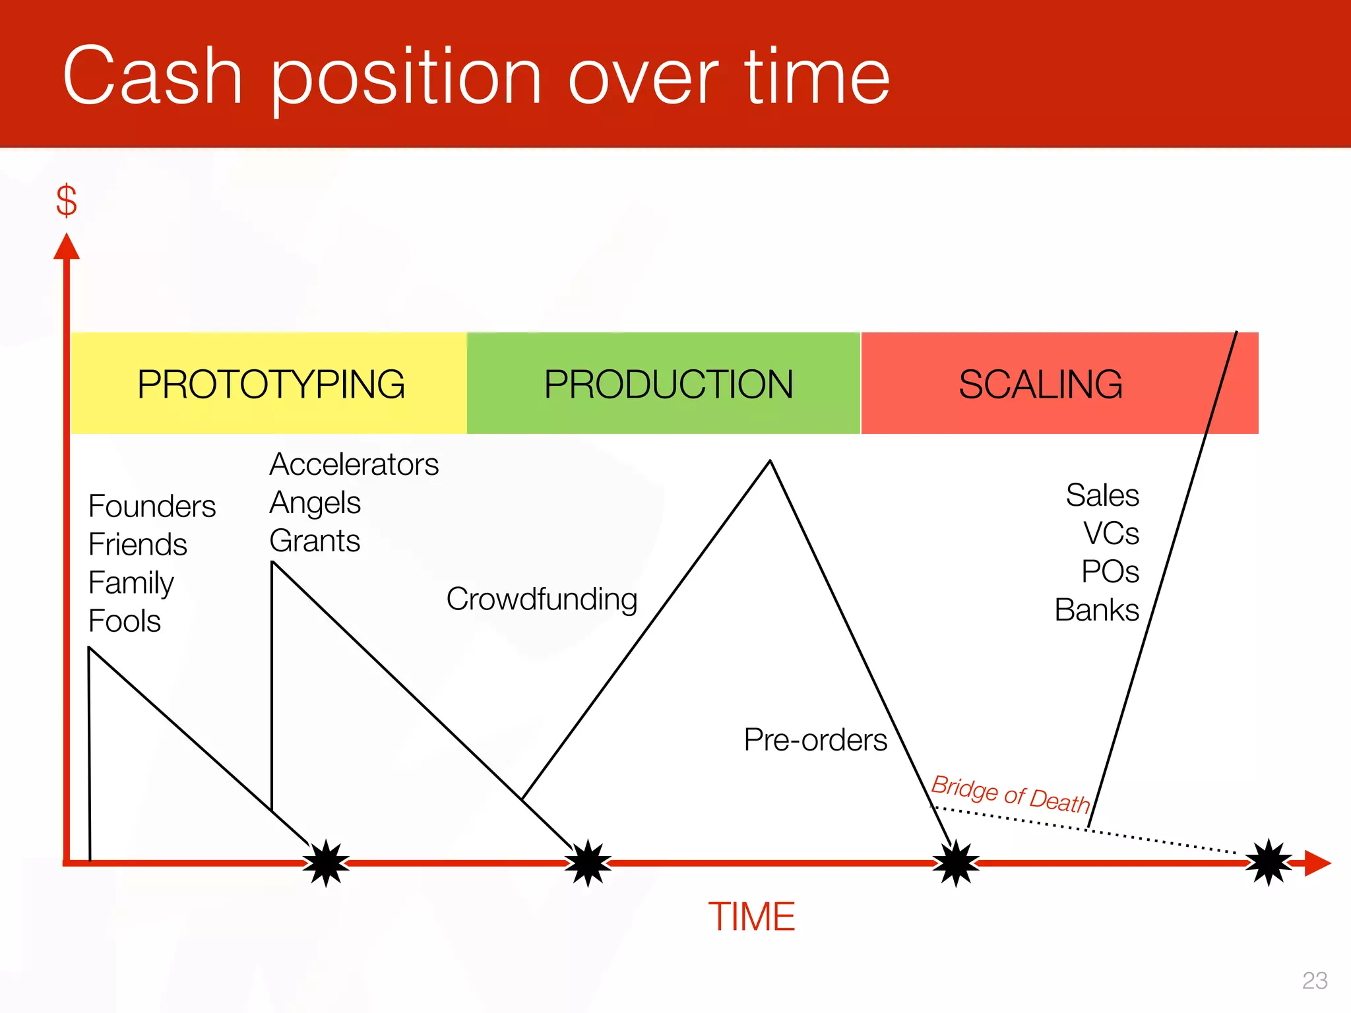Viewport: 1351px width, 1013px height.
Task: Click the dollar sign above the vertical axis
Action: point(67,201)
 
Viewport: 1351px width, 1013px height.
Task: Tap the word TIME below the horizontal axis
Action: point(751,917)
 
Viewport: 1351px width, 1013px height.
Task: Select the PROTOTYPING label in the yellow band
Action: point(270,384)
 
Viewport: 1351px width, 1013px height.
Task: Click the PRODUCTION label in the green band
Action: point(668,384)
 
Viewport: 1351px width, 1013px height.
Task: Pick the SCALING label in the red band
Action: point(1040,384)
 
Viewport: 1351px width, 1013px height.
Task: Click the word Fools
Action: point(125,621)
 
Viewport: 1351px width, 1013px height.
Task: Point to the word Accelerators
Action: point(354,464)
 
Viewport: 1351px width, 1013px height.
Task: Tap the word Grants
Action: point(315,541)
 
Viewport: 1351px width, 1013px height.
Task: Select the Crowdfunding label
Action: point(542,599)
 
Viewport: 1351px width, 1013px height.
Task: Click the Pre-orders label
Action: point(815,740)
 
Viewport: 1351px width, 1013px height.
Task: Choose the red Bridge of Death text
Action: point(1010,794)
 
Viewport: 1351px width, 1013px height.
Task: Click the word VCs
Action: point(1111,533)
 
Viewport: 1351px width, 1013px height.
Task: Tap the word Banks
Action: point(1096,610)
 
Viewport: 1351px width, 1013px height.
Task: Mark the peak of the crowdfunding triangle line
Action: point(770,462)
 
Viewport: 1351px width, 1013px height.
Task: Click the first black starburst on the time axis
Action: point(326,863)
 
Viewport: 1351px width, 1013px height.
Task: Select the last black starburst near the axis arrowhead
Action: point(1269,862)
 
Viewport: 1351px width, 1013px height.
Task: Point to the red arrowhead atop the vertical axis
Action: point(67,247)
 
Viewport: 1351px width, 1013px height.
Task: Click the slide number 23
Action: point(1314,981)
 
